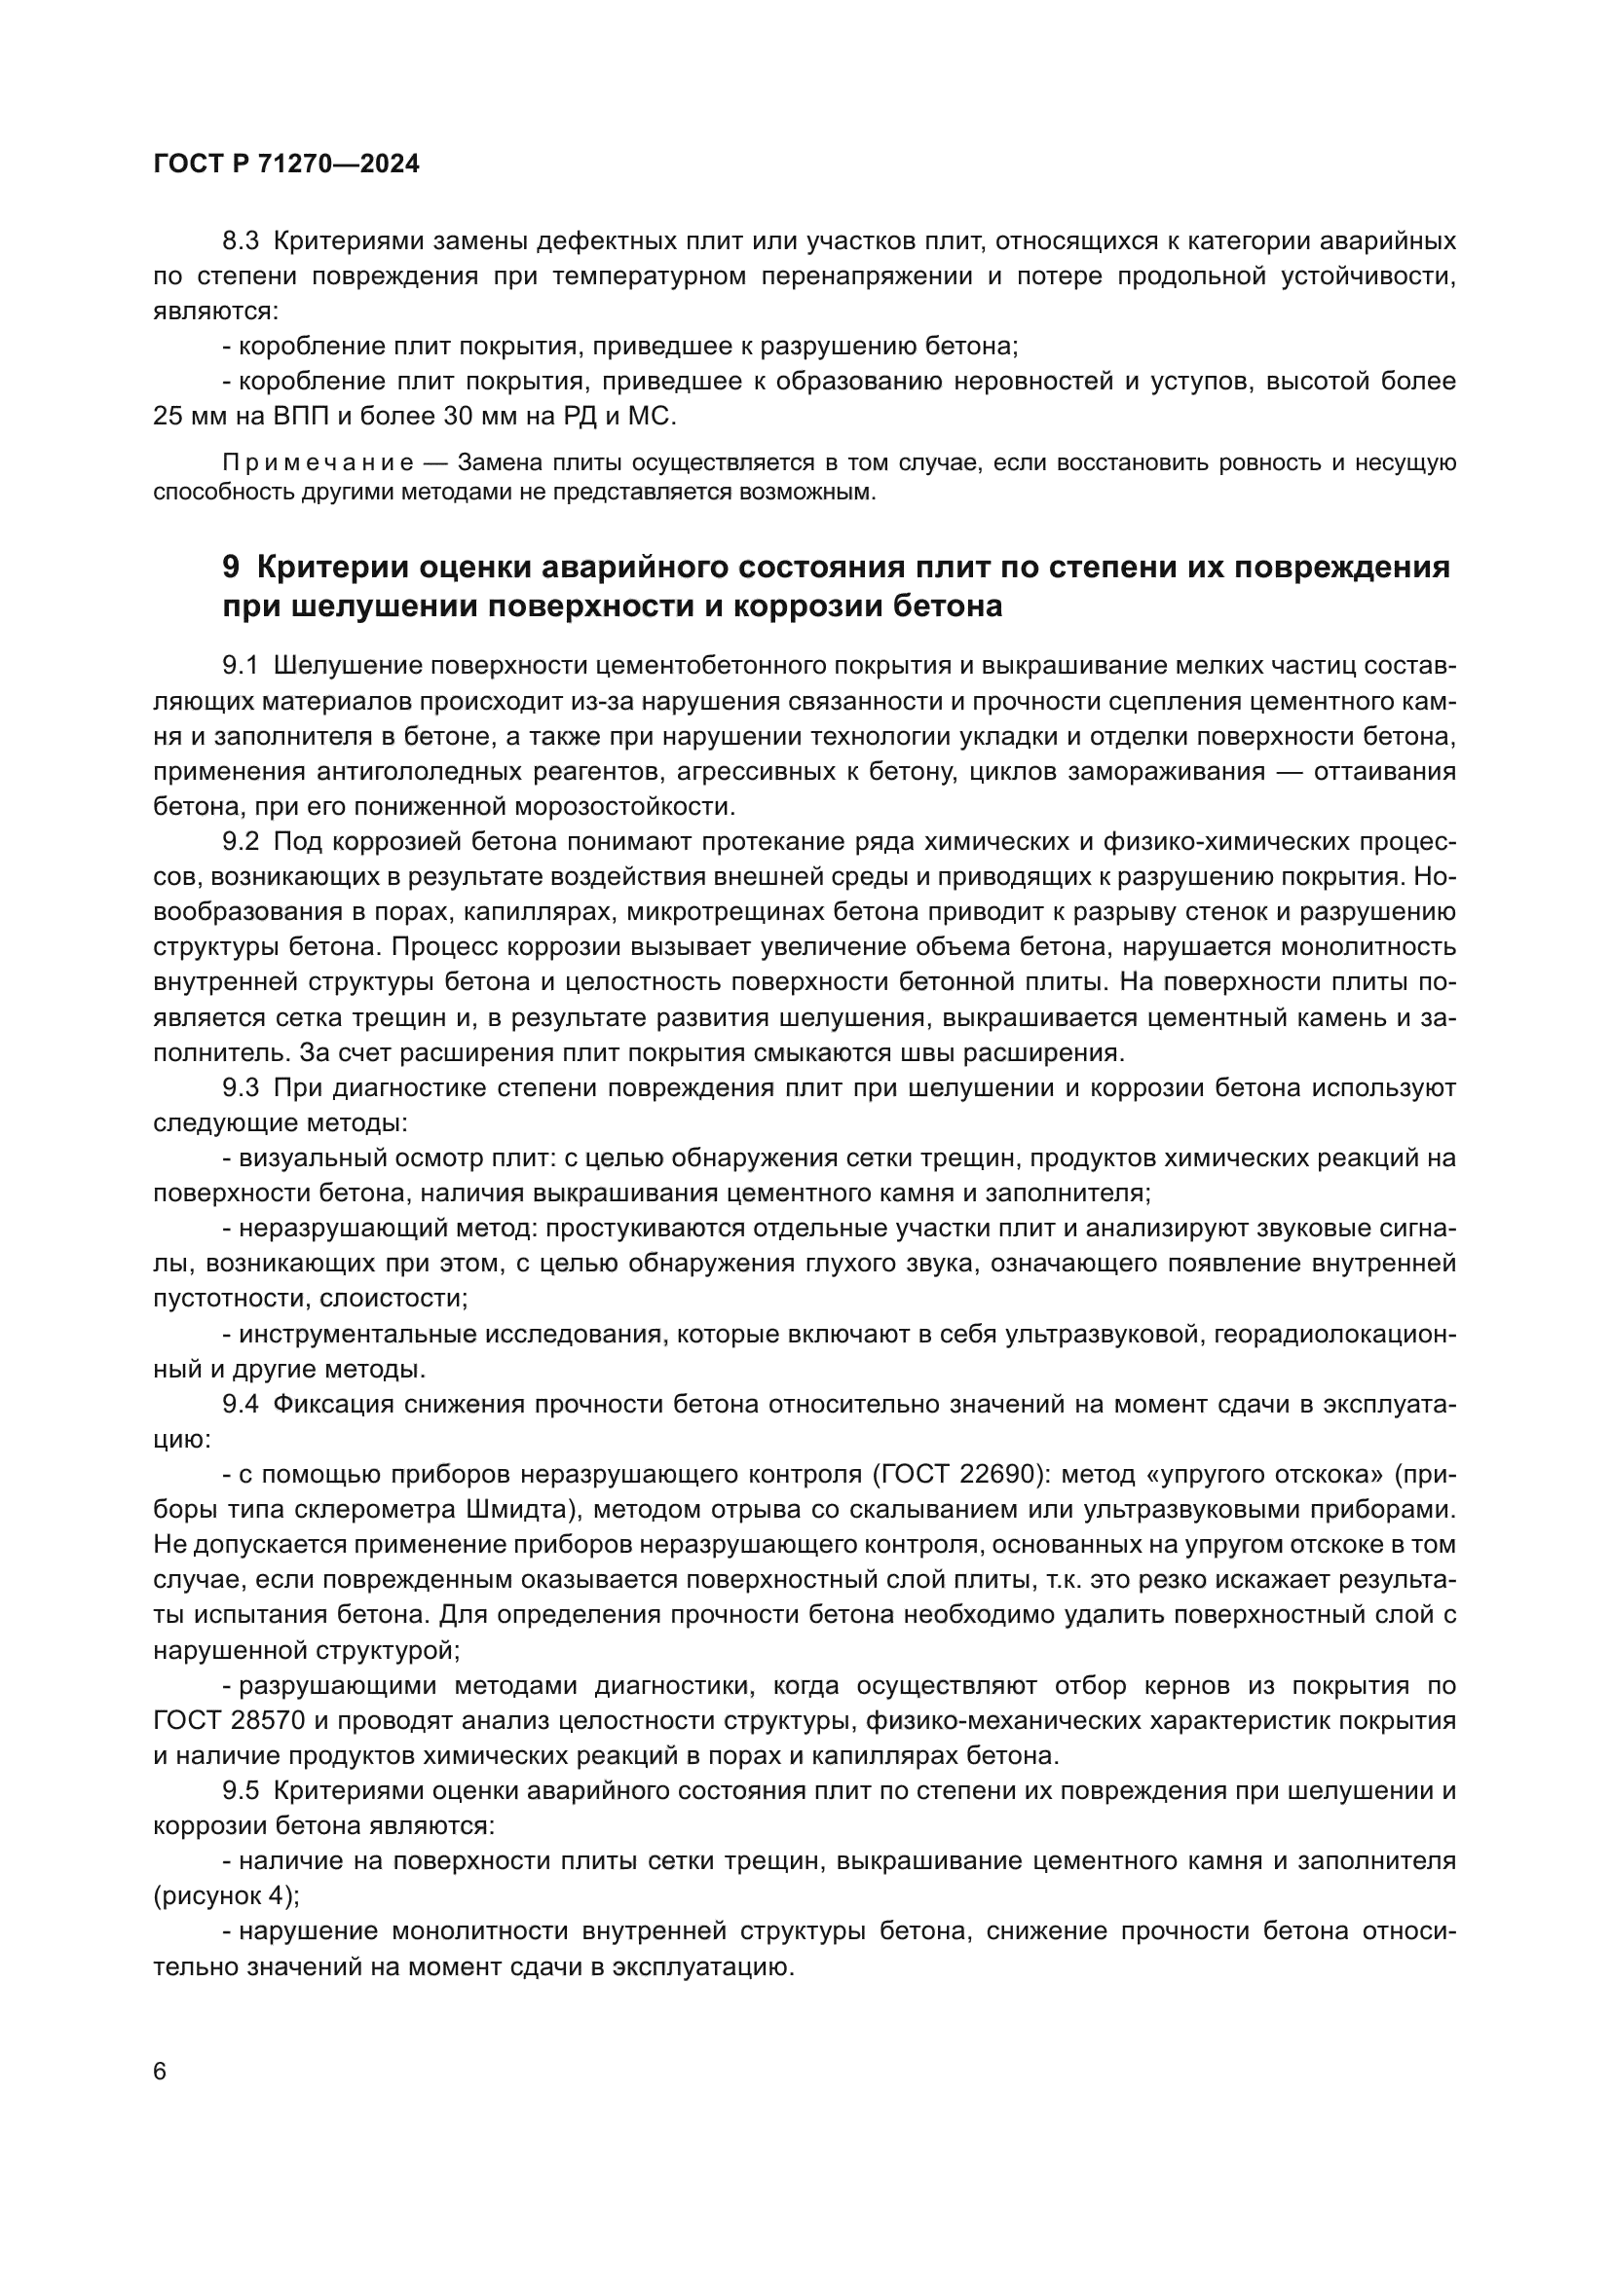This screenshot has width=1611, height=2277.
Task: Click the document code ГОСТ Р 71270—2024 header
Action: click(286, 165)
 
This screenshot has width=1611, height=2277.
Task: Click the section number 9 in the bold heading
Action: click(230, 568)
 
